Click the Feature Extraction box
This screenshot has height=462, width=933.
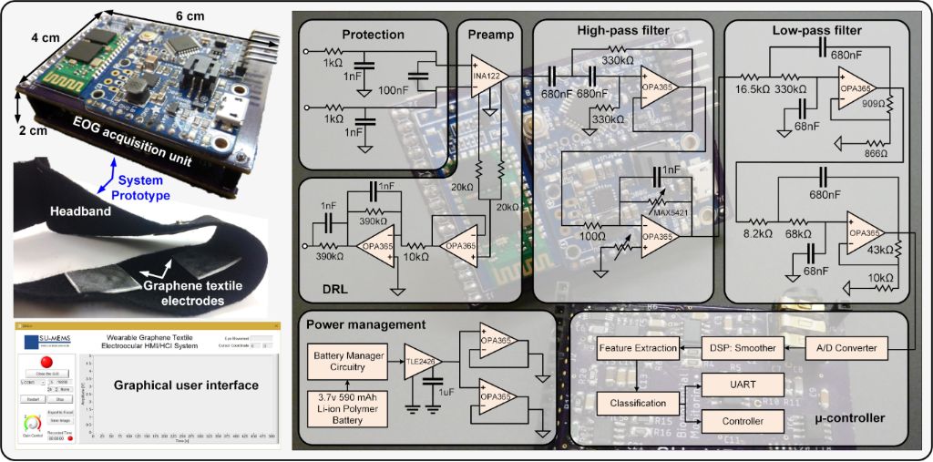638,348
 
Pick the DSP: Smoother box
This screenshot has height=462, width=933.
743,348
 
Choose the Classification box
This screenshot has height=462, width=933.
638,402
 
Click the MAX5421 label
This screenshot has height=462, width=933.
672,212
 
